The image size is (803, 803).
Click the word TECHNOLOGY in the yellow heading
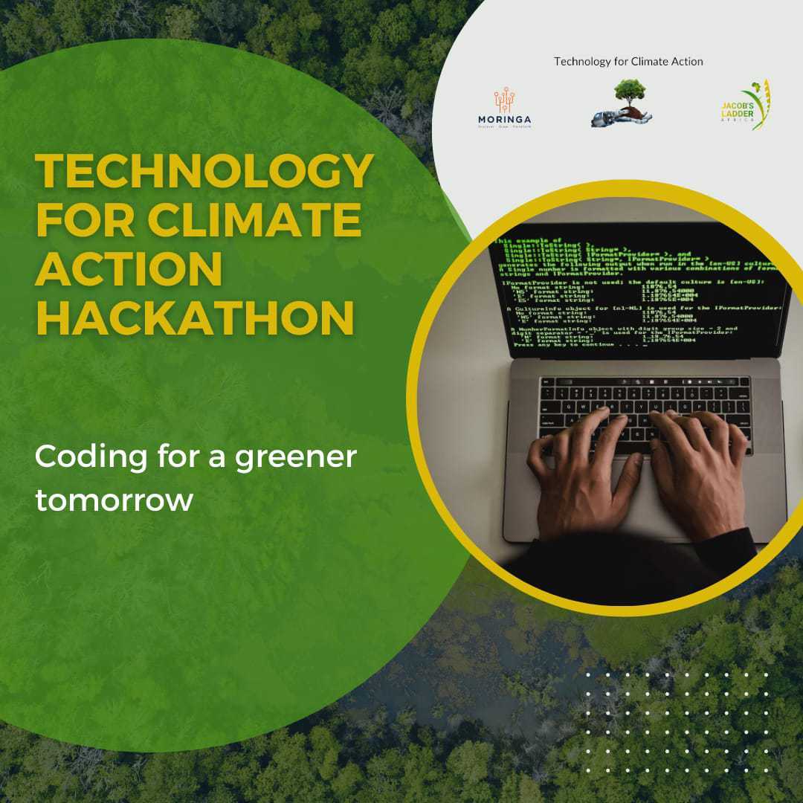click(204, 172)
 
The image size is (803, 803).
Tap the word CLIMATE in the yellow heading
click(255, 222)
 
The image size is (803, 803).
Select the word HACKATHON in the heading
click(195, 318)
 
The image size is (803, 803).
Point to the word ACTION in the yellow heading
click(129, 270)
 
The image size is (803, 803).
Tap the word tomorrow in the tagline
click(114, 500)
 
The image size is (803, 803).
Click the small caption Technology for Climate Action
click(628, 61)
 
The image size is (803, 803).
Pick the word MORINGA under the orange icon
click(505, 120)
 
